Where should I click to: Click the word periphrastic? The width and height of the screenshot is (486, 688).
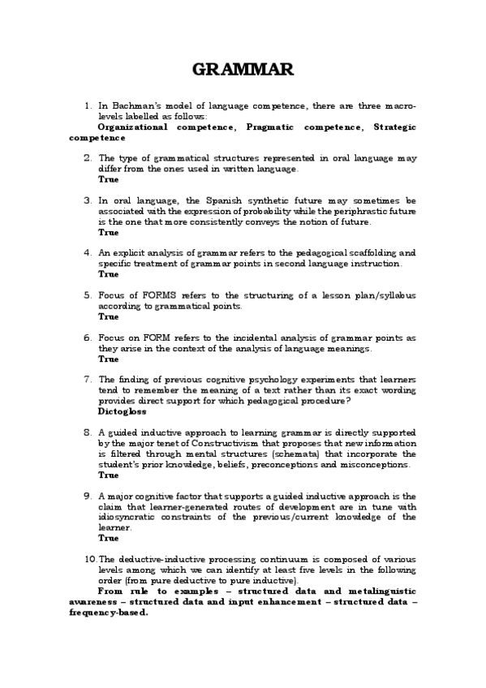tap(352, 210)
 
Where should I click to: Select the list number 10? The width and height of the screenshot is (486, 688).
tap(90, 561)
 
